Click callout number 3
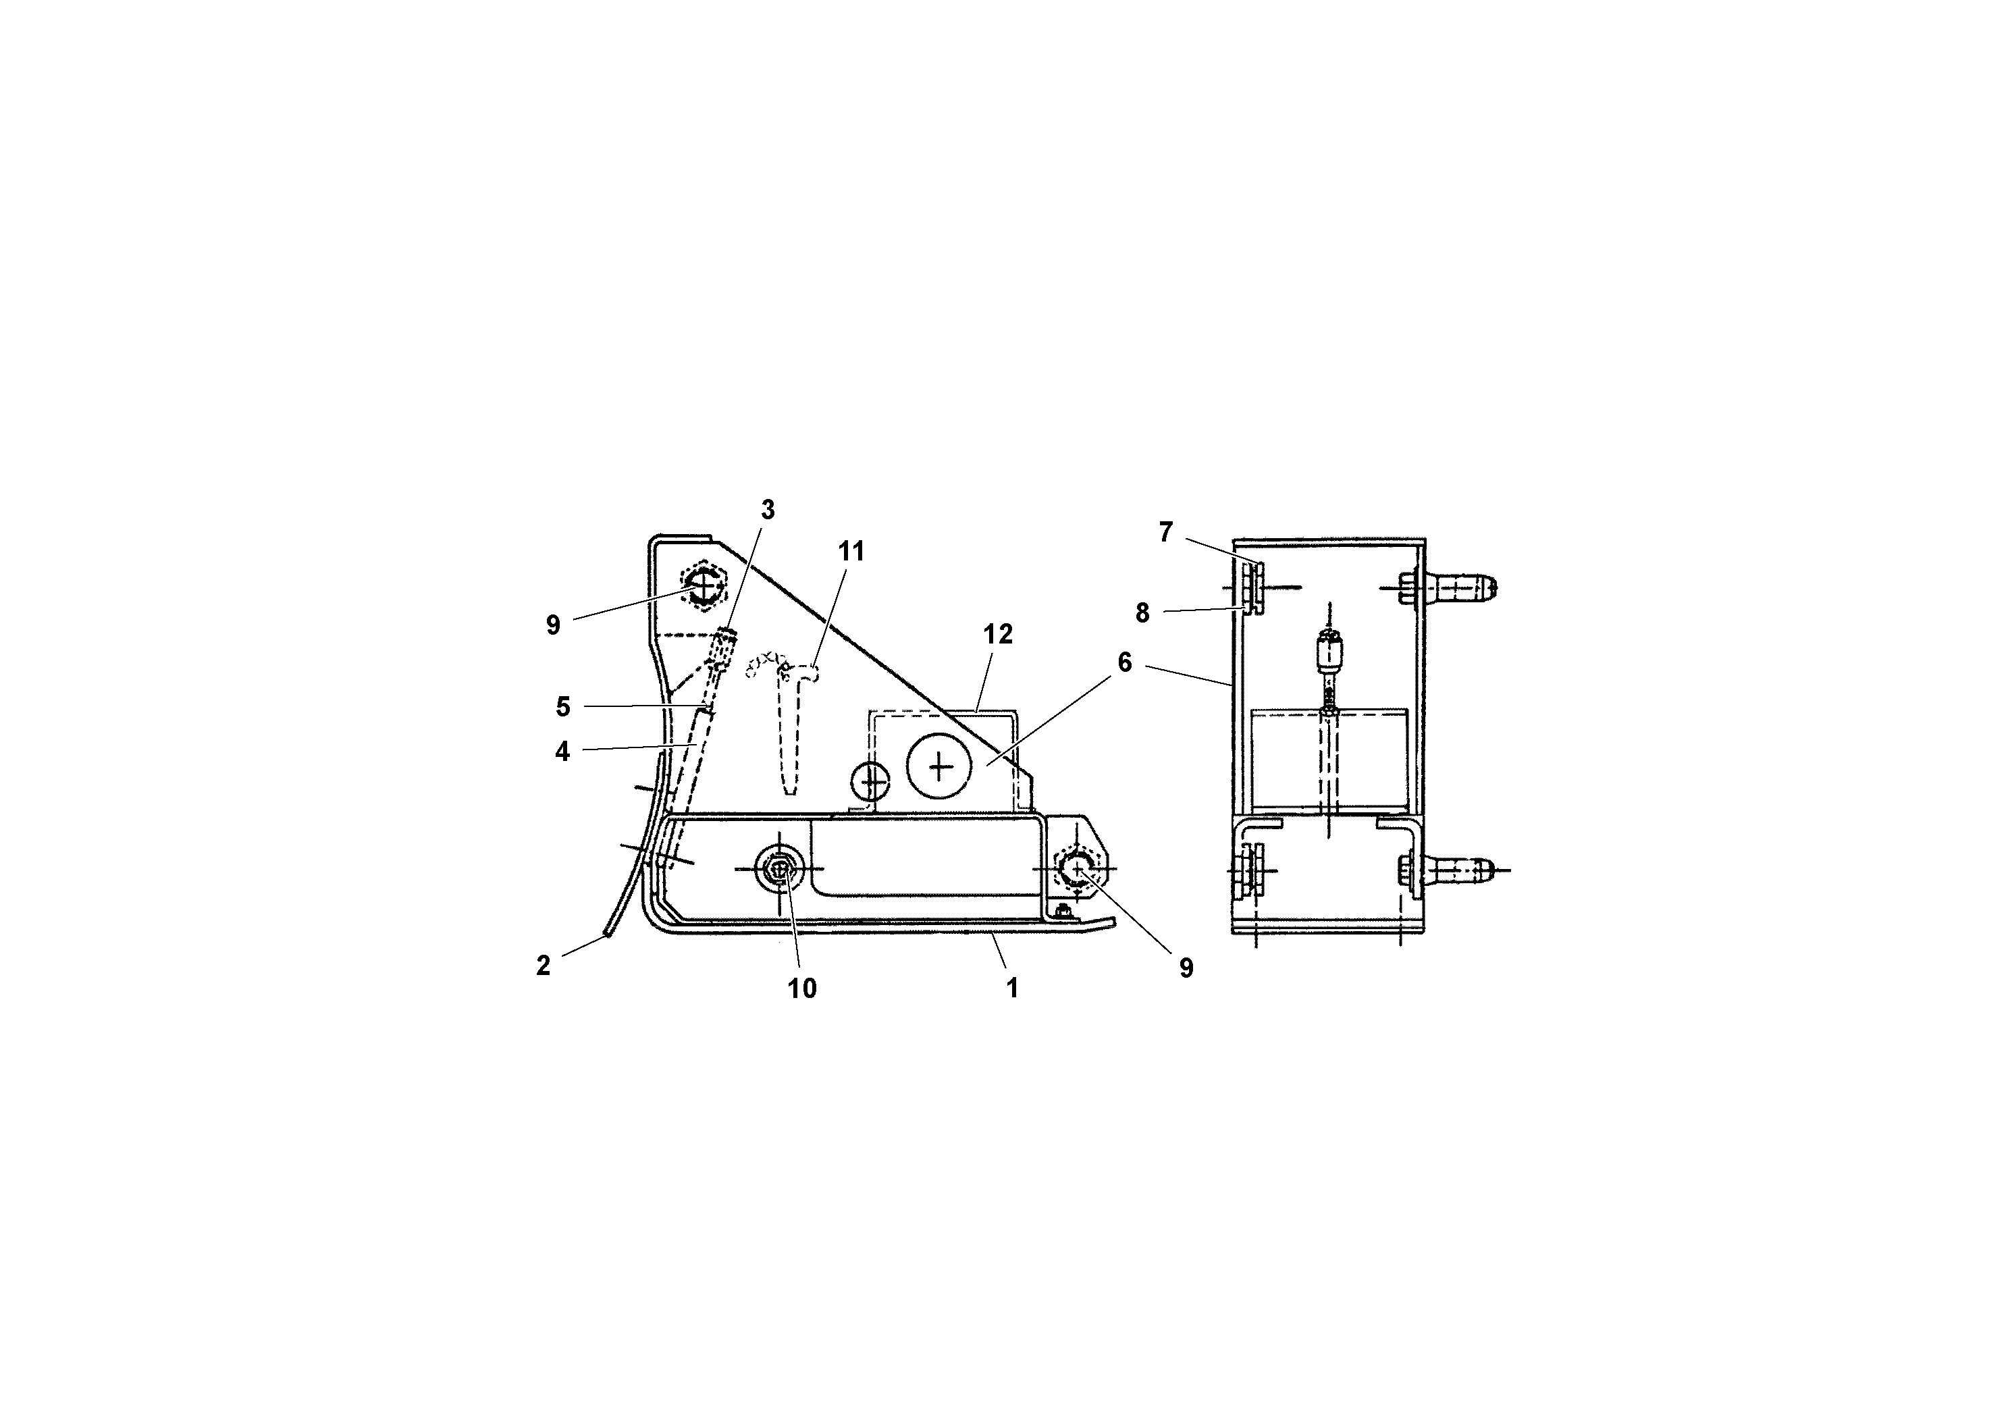[x=767, y=510]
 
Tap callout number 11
[x=851, y=552]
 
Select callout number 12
[x=997, y=635]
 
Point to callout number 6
[x=1125, y=662]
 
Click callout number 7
[x=1165, y=532]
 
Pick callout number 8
[x=1142, y=614]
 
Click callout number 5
[x=563, y=706]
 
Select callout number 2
[x=543, y=966]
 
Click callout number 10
[x=802, y=989]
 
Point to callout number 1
[x=1012, y=989]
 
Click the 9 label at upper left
[x=552, y=625]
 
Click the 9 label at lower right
[x=1186, y=968]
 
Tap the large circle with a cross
[x=939, y=766]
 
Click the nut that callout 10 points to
[x=778, y=869]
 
